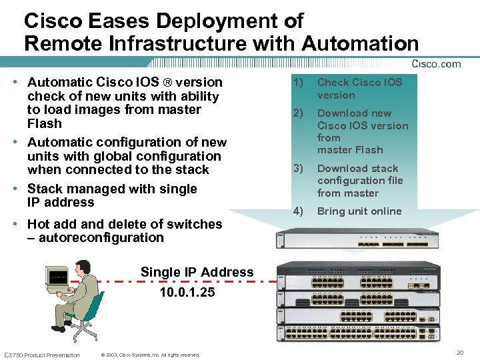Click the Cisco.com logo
(436, 64)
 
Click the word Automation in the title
(360, 44)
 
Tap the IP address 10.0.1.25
(187, 291)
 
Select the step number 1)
(298, 83)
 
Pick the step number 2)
(298, 113)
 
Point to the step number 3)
(298, 169)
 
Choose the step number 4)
(298, 211)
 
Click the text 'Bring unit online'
(359, 211)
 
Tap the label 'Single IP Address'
(197, 272)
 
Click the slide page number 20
(459, 351)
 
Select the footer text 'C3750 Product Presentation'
(42, 355)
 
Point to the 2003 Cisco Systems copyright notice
(149, 355)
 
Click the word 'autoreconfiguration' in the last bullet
(101, 238)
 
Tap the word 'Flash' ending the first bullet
(44, 123)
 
